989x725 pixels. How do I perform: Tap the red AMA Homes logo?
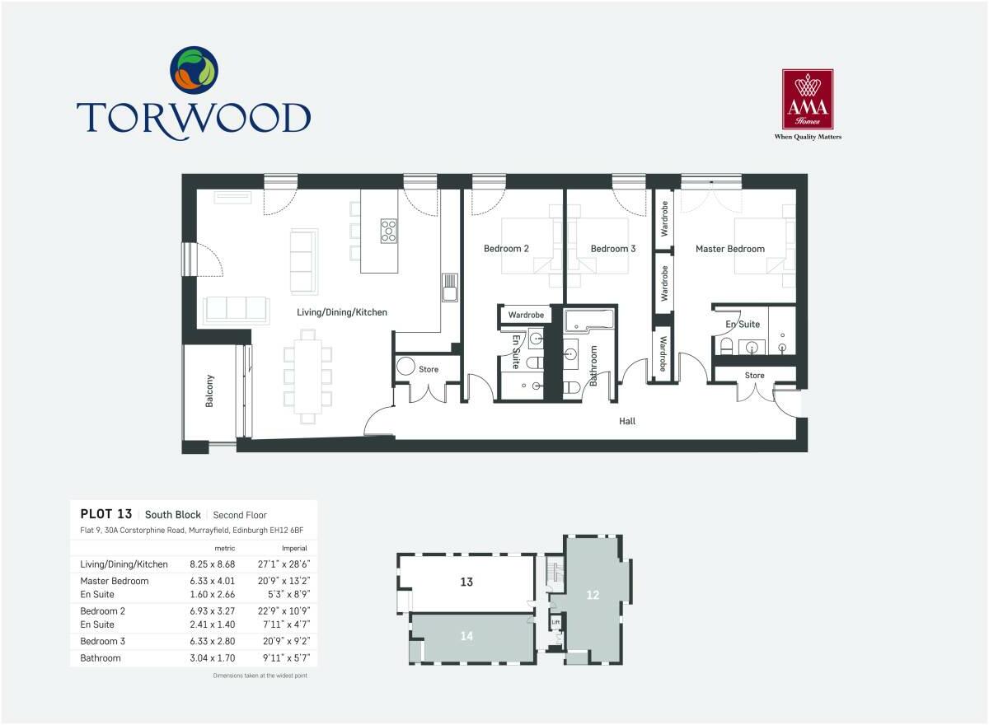point(807,99)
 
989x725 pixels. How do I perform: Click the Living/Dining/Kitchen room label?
point(342,312)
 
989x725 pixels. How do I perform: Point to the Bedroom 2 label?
point(506,248)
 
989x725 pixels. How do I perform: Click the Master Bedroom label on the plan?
point(729,248)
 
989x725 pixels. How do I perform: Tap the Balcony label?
point(209,391)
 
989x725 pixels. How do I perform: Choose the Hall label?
point(628,421)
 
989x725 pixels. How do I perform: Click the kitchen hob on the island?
point(389,231)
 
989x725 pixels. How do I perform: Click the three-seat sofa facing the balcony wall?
point(237,309)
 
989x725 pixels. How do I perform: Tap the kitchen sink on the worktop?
point(449,290)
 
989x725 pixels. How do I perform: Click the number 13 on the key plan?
point(466,582)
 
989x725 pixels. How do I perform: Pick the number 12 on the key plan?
point(593,594)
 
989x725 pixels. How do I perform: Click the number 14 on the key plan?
point(466,635)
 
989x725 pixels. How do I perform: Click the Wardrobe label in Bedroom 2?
point(525,315)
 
